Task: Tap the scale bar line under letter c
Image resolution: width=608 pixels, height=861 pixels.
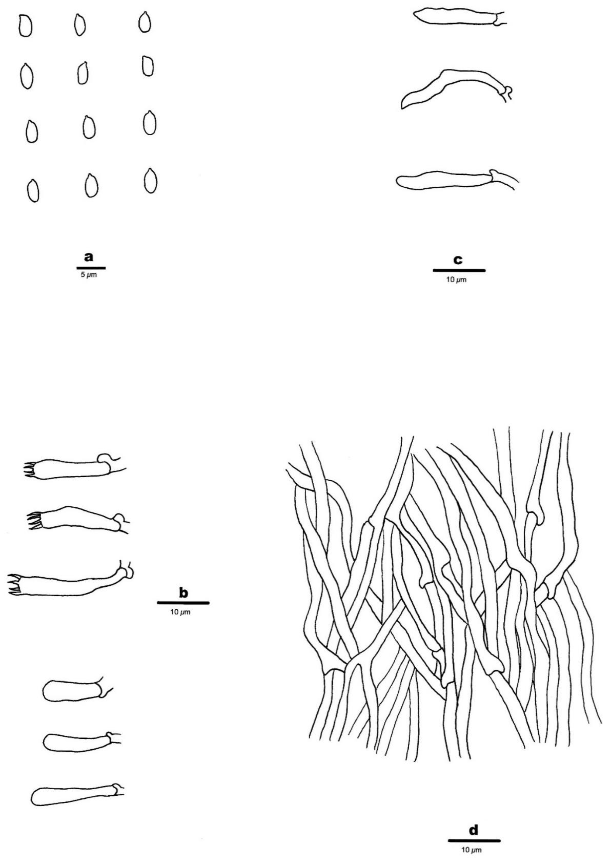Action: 459,270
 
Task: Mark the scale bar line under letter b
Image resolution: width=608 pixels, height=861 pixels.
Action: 183,603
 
